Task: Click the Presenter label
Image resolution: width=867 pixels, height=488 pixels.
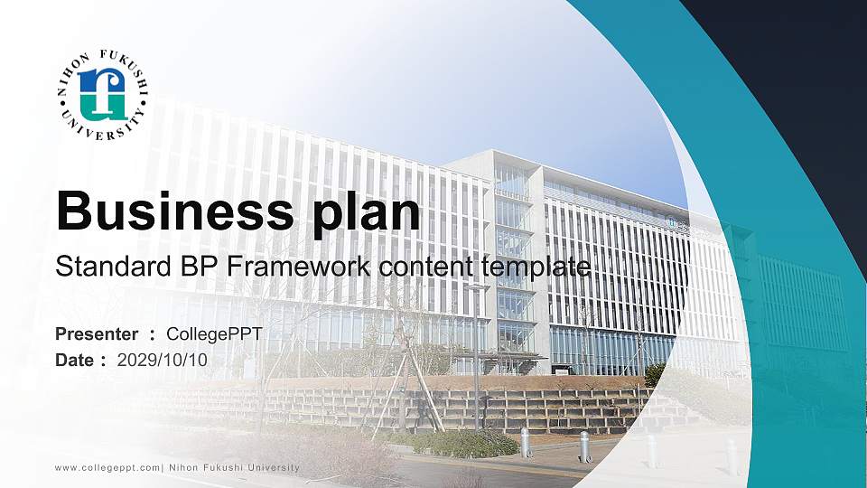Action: coord(97,334)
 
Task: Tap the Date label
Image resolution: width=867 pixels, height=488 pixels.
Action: coord(76,360)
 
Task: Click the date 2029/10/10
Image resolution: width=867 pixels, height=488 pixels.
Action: coord(163,360)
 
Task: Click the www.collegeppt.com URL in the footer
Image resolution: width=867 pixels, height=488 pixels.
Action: coord(107,467)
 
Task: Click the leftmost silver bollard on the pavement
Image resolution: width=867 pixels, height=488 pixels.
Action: coord(525,443)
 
